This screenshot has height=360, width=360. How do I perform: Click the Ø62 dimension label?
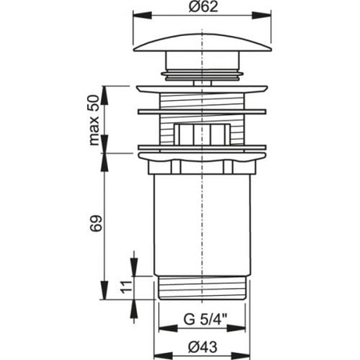(203, 6)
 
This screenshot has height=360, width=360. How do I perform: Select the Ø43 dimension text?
(202, 347)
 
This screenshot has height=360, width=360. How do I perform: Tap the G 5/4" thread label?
(206, 319)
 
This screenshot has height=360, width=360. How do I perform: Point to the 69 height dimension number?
(96, 223)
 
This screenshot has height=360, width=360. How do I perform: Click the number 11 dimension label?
(126, 287)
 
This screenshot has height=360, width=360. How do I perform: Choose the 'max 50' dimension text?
(94, 121)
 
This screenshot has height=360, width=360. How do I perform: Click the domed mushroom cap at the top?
(202, 42)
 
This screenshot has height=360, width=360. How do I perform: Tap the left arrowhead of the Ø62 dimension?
(142, 15)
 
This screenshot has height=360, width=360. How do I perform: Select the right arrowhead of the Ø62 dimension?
(262, 15)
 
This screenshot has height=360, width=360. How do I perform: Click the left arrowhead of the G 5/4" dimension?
(168, 328)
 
